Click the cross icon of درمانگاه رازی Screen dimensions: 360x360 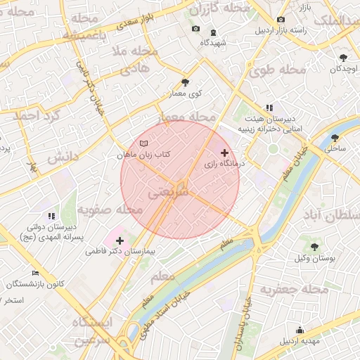(224, 153)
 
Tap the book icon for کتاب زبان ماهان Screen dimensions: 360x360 (144, 143)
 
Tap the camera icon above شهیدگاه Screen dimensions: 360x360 (195, 30)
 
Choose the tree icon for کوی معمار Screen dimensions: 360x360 (185, 82)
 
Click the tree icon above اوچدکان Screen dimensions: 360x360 (343, 58)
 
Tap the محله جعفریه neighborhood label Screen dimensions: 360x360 (294, 289)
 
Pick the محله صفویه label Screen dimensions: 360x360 (105, 210)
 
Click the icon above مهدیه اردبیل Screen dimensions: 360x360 (300, 330)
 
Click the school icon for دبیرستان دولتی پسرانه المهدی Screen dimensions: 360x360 (51, 216)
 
